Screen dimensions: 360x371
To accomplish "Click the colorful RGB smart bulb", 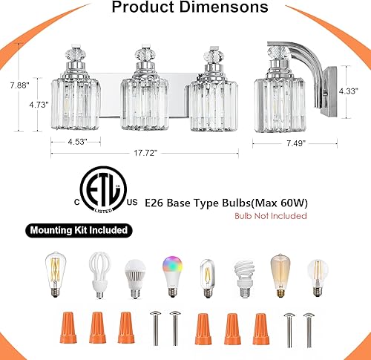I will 170,272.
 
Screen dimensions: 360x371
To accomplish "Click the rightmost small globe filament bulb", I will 316,274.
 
